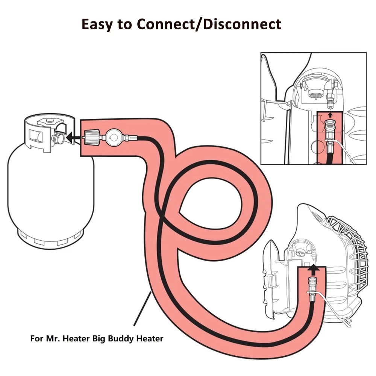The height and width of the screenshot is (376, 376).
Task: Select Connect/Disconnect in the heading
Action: click(x=209, y=24)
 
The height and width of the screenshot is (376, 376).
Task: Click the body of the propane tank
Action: click(x=49, y=188)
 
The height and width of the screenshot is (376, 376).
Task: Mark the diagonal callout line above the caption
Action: click(x=143, y=308)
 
